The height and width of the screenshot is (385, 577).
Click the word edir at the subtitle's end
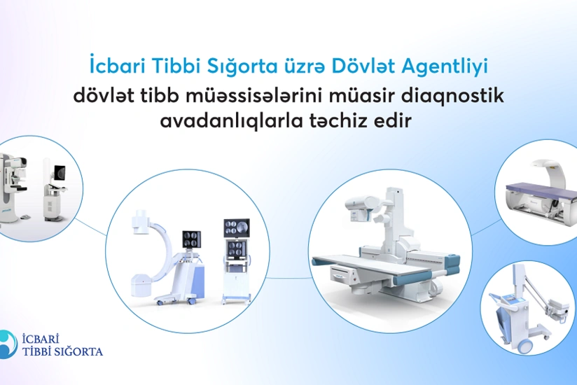click(x=398, y=120)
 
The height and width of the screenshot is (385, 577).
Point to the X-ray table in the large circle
click(x=378, y=262)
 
